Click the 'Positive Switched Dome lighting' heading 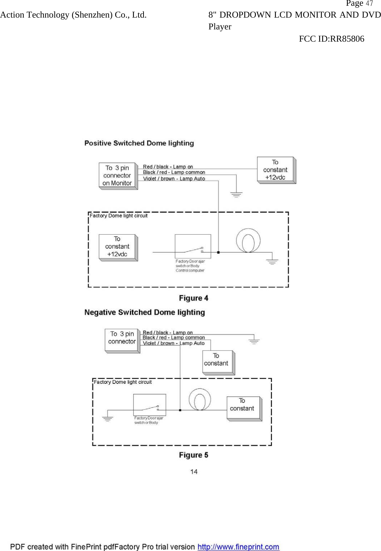tap(139, 143)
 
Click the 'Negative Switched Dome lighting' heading tap(145, 312)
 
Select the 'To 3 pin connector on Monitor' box tap(117, 175)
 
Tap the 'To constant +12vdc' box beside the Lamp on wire tap(275, 170)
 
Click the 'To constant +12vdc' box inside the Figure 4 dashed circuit tap(117, 246)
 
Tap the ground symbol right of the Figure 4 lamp tap(272, 262)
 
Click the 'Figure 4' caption tap(193, 298)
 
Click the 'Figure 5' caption tap(193, 455)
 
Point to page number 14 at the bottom tap(194, 471)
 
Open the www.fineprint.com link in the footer tap(238, 547)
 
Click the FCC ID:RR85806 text tap(331, 39)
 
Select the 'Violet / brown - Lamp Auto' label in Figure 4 tap(174, 179)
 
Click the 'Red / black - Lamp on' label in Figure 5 tap(168, 333)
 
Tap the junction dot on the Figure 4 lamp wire tap(218, 253)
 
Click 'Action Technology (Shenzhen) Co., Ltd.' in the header tap(73, 15)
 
